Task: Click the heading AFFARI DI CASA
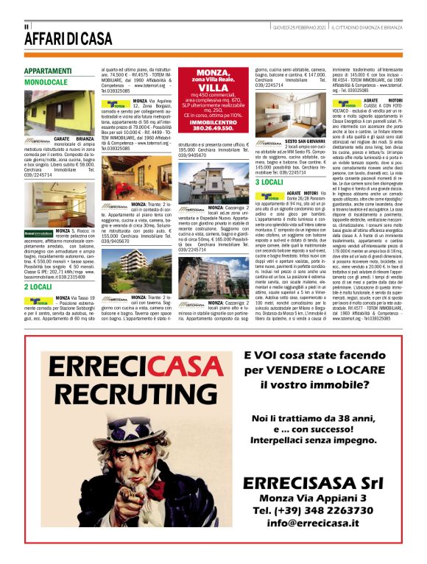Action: [68, 39]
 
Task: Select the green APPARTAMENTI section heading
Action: [48, 71]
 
